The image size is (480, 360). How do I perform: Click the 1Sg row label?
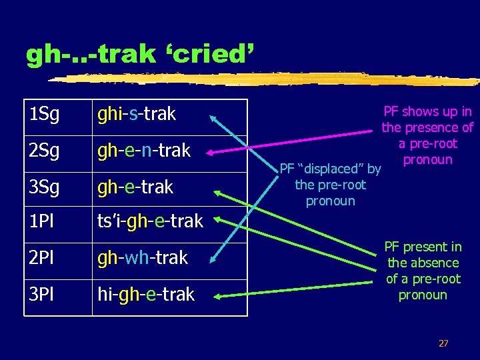(44, 115)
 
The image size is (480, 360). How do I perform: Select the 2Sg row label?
(44, 151)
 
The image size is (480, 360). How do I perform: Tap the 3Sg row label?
(44, 187)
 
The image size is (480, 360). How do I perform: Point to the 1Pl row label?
(41, 221)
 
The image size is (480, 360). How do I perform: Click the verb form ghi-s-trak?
(136, 115)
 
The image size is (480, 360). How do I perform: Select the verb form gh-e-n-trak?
(143, 151)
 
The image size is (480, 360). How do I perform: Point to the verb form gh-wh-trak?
(142, 258)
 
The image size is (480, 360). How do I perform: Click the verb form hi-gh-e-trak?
(145, 294)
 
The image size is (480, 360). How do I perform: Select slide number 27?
(443, 343)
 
